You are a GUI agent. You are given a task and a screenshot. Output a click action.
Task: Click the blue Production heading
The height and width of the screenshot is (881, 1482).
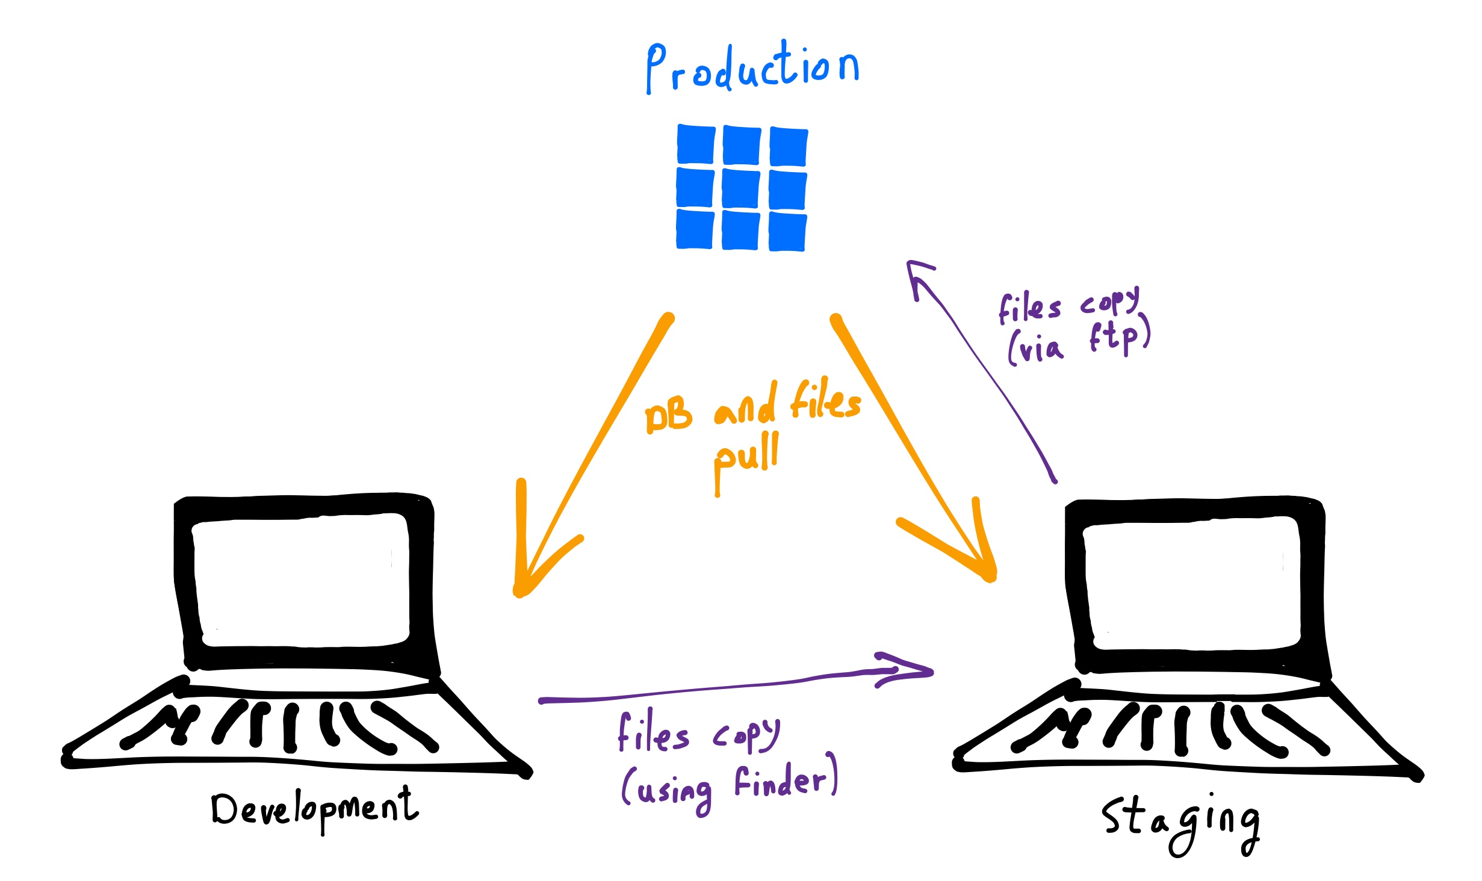752,67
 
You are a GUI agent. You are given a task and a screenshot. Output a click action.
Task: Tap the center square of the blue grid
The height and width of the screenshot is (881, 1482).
741,189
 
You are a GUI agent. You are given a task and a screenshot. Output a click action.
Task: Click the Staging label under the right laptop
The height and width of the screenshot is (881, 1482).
1180,821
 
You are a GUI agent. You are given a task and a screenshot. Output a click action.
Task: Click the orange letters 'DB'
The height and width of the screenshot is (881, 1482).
668,415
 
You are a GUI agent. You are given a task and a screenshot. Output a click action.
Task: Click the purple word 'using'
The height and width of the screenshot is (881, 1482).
674,792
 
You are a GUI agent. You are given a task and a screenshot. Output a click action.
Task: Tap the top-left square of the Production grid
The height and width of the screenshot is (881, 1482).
696,145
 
